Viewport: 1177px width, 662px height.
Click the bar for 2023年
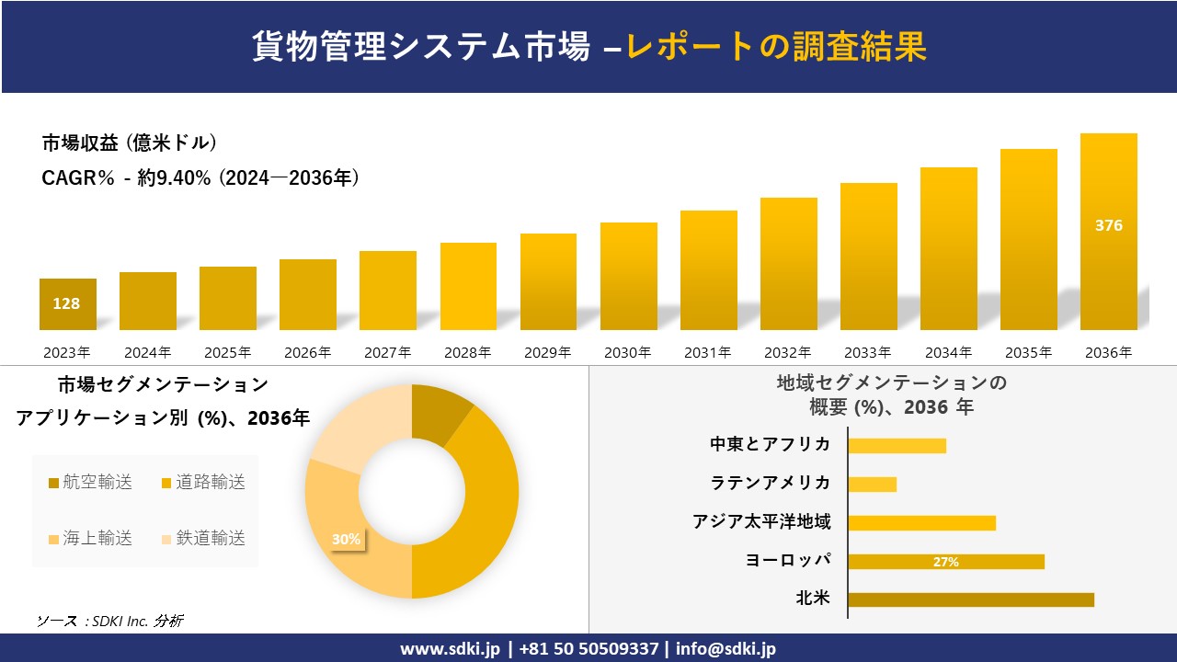click(67, 304)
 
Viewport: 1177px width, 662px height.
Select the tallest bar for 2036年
click(1108, 232)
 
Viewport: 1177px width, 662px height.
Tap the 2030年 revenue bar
click(629, 276)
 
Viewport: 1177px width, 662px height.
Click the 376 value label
click(1108, 225)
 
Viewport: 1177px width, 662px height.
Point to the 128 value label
click(66, 303)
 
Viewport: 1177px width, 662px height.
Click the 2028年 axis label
click(468, 352)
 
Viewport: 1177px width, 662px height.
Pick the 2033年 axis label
click(868, 352)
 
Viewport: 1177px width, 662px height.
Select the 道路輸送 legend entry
click(203, 483)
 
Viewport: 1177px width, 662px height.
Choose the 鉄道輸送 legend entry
click(203, 539)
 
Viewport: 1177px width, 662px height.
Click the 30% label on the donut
click(346, 540)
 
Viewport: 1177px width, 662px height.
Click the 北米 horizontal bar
click(970, 599)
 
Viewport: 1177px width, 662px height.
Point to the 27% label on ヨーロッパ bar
click(945, 562)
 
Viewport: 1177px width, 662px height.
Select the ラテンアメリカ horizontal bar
click(872, 484)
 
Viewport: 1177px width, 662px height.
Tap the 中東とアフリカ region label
click(770, 445)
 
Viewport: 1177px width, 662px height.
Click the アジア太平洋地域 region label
click(761, 522)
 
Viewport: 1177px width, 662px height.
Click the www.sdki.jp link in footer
click(450, 648)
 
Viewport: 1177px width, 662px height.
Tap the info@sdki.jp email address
click(726, 648)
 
